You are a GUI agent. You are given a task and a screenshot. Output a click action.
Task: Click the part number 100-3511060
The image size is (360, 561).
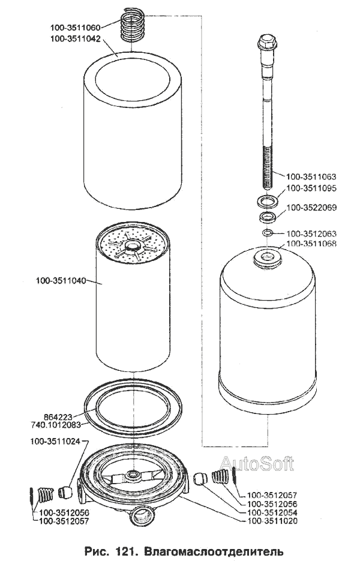(75, 27)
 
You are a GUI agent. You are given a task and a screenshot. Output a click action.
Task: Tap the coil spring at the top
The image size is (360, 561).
(132, 25)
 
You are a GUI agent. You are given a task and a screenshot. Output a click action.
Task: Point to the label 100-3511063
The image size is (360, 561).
(311, 176)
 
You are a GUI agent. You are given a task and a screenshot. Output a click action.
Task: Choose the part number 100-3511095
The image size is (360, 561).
(311, 188)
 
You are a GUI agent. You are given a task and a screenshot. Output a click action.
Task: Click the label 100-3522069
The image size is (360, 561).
(311, 208)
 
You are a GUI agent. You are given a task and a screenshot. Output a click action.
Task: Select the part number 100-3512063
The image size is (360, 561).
(311, 233)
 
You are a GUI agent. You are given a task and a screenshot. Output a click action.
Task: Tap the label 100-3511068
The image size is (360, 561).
(311, 244)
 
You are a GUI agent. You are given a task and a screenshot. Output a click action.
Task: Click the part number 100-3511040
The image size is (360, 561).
(61, 281)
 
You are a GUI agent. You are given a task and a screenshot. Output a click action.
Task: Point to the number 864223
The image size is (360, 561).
(58, 417)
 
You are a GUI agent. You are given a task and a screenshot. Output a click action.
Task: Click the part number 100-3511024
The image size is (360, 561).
(55, 442)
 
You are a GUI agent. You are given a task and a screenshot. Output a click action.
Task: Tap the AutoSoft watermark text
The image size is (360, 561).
(257, 464)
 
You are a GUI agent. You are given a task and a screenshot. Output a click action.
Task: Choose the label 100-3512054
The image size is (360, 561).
(272, 512)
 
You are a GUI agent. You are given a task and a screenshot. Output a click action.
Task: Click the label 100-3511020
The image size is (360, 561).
(272, 521)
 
